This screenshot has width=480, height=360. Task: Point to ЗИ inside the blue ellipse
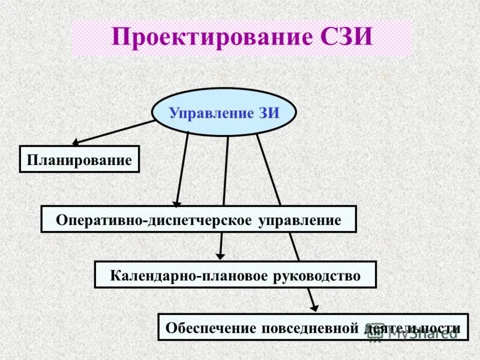pos(269,113)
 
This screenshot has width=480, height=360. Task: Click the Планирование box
pos(79,160)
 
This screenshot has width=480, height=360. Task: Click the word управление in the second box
pos(299,220)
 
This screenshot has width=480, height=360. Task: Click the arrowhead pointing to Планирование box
pos(76,143)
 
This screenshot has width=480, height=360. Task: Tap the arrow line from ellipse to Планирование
pos(114,132)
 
